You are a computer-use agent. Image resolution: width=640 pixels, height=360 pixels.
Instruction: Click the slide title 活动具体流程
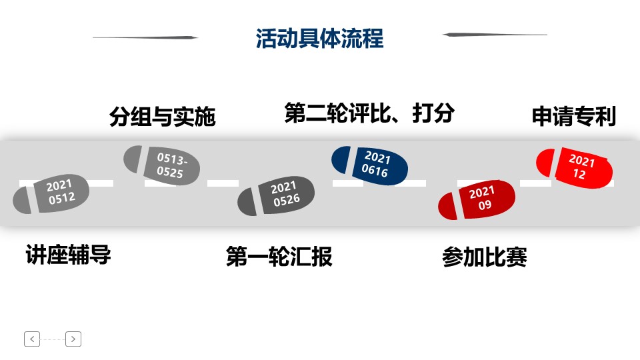pyautogui.click(x=320, y=38)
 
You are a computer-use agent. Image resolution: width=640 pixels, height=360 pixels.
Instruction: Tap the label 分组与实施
pyautogui.click(x=163, y=117)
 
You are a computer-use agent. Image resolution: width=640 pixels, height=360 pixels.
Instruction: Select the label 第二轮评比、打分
pyautogui.click(x=369, y=113)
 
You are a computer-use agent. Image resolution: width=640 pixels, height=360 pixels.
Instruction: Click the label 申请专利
pyautogui.click(x=573, y=117)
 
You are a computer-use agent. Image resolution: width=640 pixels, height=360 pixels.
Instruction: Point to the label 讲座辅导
pyautogui.click(x=68, y=255)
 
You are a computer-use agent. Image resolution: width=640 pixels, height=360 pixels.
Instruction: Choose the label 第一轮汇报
pyautogui.click(x=279, y=257)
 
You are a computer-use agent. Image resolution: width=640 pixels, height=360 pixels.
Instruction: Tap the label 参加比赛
pyautogui.click(x=484, y=257)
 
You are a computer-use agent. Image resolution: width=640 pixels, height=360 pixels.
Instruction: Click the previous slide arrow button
pyautogui.click(x=32, y=339)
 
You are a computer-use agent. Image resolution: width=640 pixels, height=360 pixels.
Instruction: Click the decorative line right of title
pyautogui.click(x=495, y=35)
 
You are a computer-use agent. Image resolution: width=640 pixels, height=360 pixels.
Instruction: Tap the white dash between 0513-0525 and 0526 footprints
pyautogui.click(x=223, y=183)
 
